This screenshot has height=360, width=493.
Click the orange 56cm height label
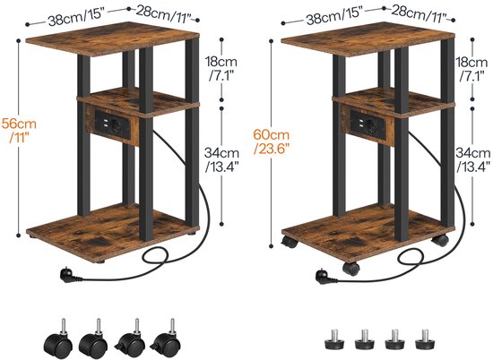click(x=19, y=131)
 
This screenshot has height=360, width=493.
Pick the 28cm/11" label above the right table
click(x=419, y=15)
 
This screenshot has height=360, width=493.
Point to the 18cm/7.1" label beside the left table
click(x=221, y=69)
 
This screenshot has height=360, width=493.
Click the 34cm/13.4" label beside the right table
click(x=473, y=159)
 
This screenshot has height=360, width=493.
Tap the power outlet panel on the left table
click(x=112, y=124)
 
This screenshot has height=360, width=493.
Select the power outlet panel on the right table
click(x=368, y=124)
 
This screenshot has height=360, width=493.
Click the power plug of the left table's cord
click(x=70, y=276)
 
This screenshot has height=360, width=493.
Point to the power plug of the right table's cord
click(x=325, y=277)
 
